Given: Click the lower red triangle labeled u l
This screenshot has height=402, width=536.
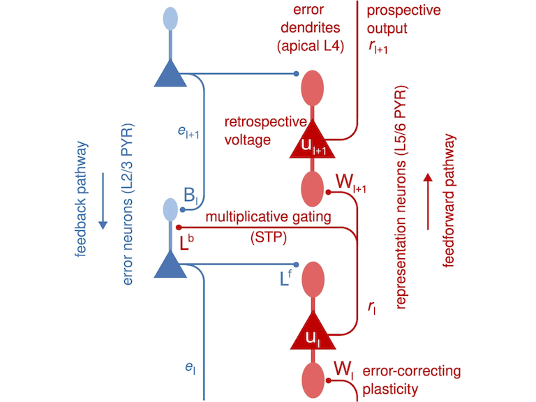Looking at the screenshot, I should coord(312,334).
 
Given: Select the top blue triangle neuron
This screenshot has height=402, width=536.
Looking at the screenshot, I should coord(170,71).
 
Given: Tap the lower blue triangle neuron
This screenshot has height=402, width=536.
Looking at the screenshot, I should coord(170,263).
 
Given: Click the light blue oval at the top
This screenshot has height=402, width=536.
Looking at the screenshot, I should coord(170,19).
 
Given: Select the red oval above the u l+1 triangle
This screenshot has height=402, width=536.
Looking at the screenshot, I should coord(312,89).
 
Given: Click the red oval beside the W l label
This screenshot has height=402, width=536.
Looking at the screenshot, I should coord(312,379).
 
